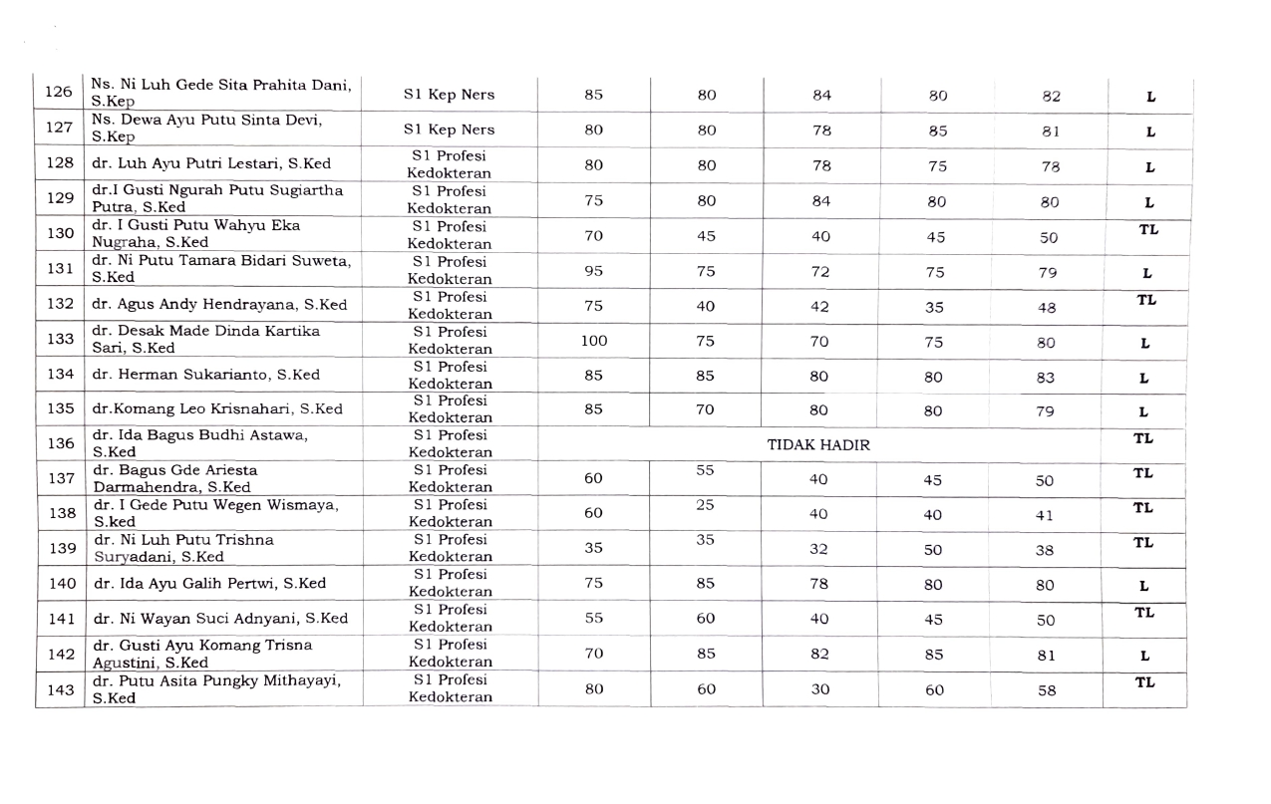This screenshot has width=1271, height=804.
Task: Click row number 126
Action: click(x=59, y=93)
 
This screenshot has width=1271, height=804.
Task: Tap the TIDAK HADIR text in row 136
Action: click(x=818, y=445)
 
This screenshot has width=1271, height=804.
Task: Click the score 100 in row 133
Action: click(x=593, y=341)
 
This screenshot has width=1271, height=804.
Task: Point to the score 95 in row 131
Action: click(x=593, y=270)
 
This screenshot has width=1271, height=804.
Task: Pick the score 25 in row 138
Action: click(x=706, y=505)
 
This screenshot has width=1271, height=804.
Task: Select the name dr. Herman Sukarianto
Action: click(x=206, y=375)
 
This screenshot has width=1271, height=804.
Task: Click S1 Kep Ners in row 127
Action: click(x=449, y=130)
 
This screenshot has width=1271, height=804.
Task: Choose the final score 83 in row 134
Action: click(x=1045, y=379)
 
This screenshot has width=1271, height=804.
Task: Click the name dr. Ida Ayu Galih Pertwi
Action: click(x=210, y=584)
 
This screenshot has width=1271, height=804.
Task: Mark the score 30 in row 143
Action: click(x=819, y=688)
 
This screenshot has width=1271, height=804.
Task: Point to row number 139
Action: click(x=62, y=548)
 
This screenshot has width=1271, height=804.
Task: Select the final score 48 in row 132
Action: click(x=1045, y=308)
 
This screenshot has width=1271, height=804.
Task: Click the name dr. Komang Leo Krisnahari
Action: click(x=217, y=409)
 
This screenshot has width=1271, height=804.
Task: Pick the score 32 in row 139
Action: click(x=819, y=548)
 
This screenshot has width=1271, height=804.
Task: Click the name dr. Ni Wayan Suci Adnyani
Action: click(x=220, y=619)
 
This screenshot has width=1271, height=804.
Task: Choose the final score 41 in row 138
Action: click(x=1045, y=516)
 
